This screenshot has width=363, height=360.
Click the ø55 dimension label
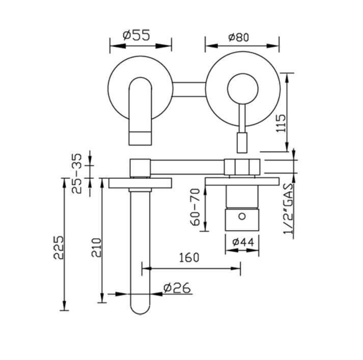136,35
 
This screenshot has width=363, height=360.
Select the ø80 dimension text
238,37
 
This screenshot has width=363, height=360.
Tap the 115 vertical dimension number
281,123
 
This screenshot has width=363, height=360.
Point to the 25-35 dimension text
77,174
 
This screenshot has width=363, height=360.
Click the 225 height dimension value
59,247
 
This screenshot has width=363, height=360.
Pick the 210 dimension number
97,247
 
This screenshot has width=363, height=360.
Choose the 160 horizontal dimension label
189,258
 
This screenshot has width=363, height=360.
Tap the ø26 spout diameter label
177,288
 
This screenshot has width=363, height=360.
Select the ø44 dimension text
243,242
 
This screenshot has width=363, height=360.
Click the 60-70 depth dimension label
195,207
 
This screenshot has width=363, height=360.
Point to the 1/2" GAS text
289,209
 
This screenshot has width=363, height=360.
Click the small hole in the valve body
242,216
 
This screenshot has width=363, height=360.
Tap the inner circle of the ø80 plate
243,89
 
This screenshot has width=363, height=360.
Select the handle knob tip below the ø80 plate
242,143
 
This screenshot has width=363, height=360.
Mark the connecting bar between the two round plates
189,89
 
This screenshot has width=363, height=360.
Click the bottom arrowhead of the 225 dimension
64,306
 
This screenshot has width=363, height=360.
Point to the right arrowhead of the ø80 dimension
273,46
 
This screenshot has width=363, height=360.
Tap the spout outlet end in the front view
141,139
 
